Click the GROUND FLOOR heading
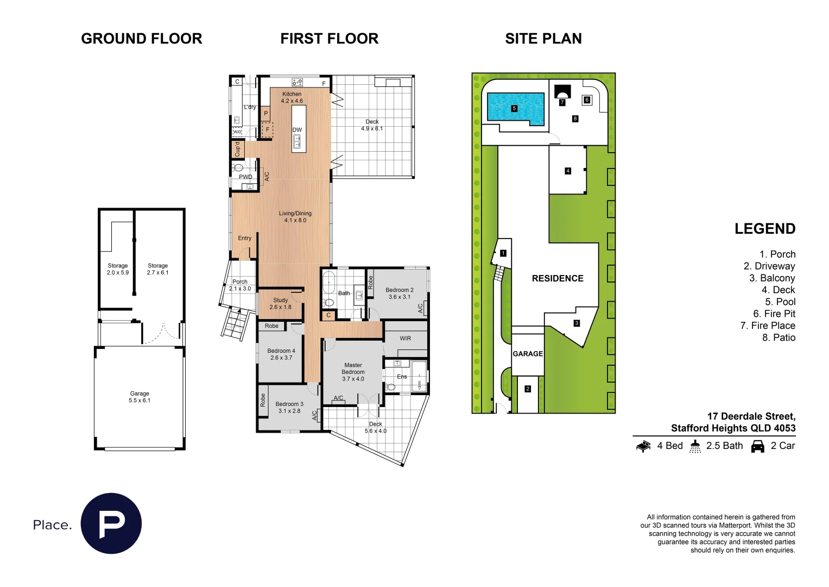click(x=141, y=39)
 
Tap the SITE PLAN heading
click(x=543, y=39)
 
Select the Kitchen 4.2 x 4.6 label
click(x=292, y=97)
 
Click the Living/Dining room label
click(x=295, y=217)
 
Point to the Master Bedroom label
click(x=353, y=372)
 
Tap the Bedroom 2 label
click(x=399, y=293)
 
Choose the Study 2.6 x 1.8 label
click(x=280, y=303)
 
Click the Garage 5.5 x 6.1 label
click(x=140, y=397)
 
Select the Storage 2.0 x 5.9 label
click(x=118, y=269)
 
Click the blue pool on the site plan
click(x=515, y=108)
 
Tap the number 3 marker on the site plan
click(x=577, y=323)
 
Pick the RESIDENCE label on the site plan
click(x=558, y=278)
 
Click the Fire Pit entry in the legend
click(x=774, y=314)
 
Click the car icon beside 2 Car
click(x=757, y=446)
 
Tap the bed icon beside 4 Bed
click(x=643, y=446)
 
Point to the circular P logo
click(x=111, y=523)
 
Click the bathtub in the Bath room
click(x=329, y=282)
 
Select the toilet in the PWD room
click(x=238, y=167)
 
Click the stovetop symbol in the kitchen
click(x=297, y=82)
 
